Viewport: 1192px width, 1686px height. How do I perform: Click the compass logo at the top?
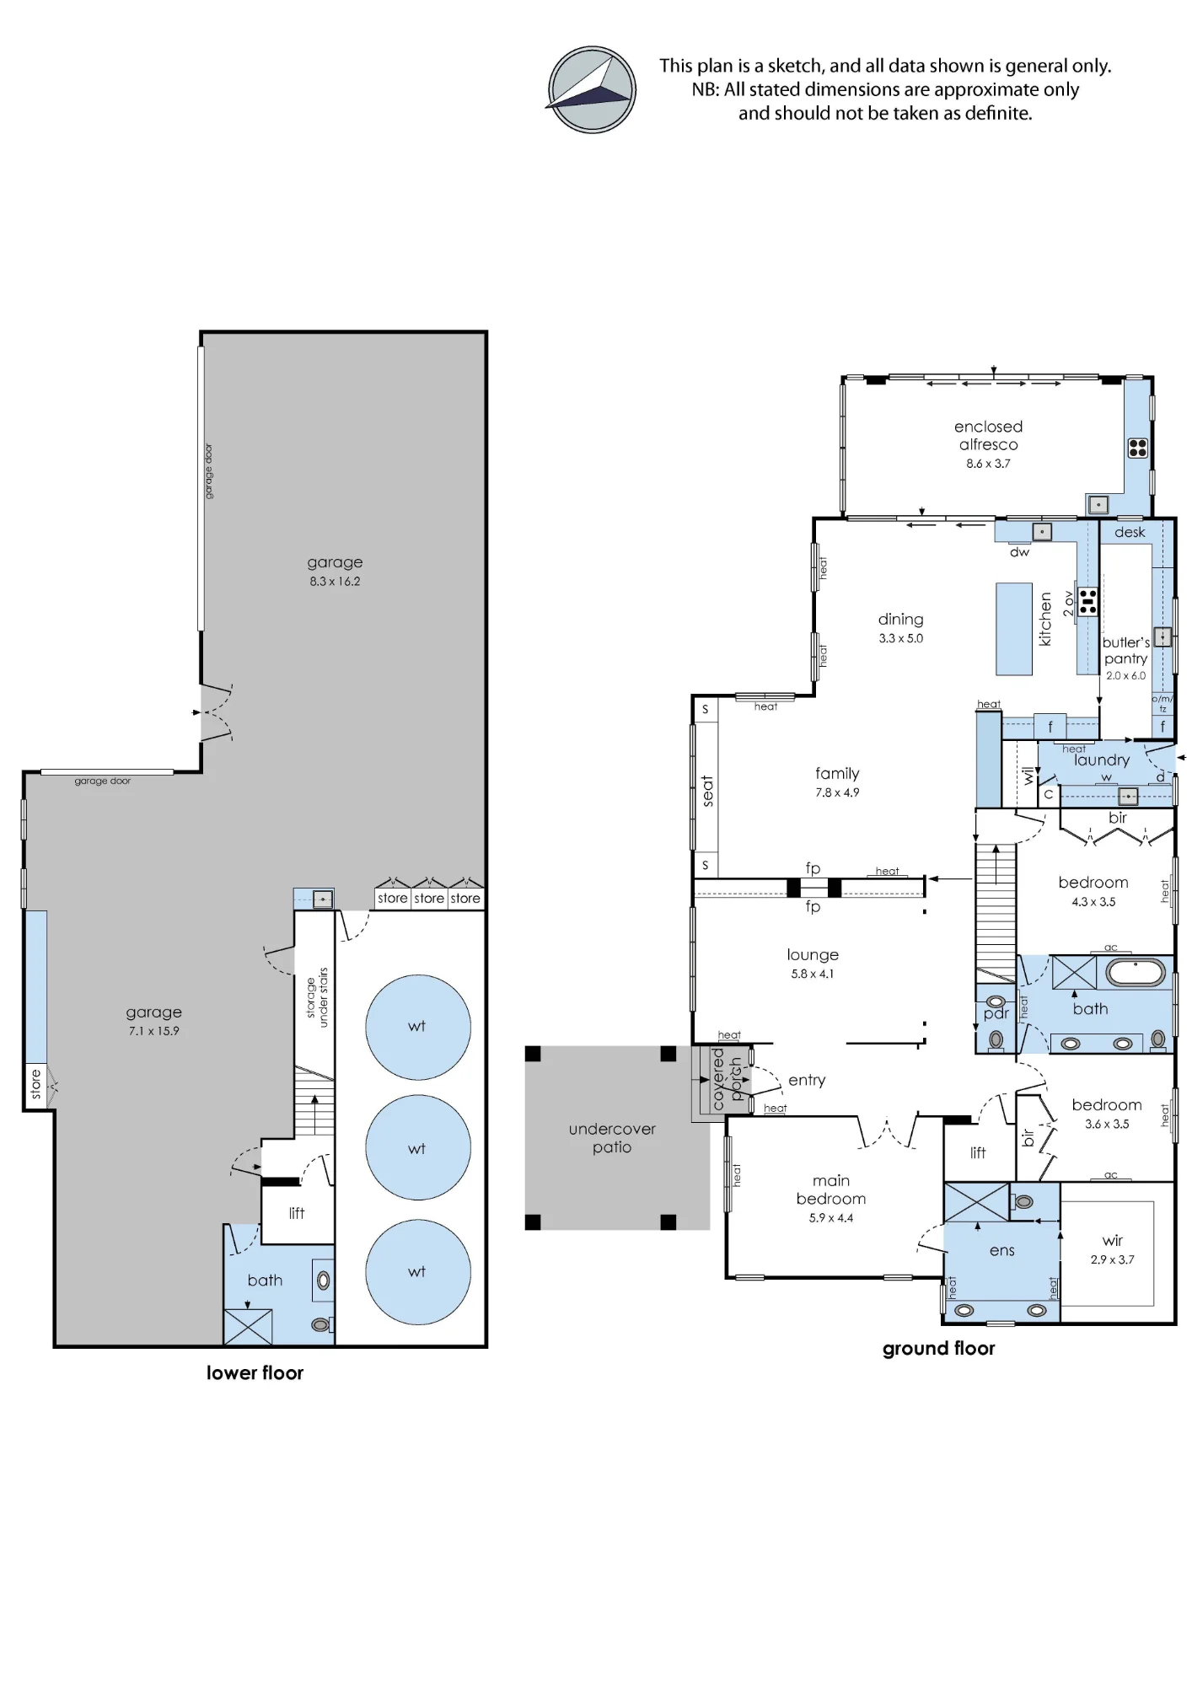click(x=592, y=89)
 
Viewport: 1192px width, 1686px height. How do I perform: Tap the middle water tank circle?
click(x=418, y=1147)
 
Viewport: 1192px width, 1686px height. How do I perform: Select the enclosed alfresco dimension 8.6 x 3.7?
click(x=988, y=464)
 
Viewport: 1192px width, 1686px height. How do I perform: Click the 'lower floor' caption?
click(x=255, y=1372)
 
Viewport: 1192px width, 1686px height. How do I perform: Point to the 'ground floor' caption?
click(x=938, y=1349)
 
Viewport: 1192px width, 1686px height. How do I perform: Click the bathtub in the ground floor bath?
click(x=1136, y=972)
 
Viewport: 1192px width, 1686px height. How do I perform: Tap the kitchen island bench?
click(x=1014, y=629)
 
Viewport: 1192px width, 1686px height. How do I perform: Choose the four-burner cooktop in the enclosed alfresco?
click(x=1138, y=448)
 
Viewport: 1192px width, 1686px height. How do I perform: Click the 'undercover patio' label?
click(x=612, y=1138)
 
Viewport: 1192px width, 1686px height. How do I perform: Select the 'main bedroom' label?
click(x=831, y=1189)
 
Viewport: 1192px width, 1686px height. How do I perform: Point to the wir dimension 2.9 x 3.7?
click(x=1112, y=1259)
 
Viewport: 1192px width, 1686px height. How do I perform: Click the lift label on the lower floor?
click(x=297, y=1213)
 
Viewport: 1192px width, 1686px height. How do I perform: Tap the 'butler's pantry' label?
click(x=1126, y=650)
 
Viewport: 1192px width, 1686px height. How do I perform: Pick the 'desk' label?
click(x=1130, y=532)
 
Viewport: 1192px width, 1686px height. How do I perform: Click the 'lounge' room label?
click(x=813, y=955)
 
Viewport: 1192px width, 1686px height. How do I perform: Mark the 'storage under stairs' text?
click(x=317, y=997)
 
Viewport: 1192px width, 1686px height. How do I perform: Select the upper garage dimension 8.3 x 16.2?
click(x=335, y=582)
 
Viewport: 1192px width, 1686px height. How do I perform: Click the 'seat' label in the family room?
click(x=707, y=792)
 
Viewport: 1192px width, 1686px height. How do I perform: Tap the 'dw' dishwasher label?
click(x=1020, y=552)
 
